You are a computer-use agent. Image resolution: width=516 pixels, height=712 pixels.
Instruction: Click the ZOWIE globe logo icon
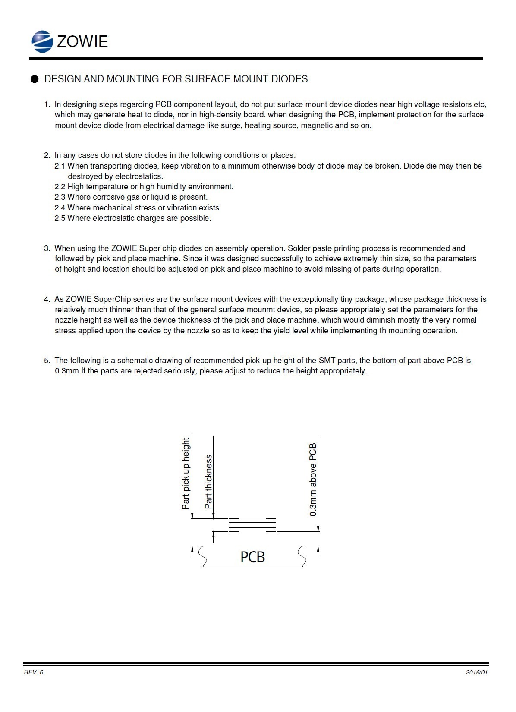pyautogui.click(x=42, y=41)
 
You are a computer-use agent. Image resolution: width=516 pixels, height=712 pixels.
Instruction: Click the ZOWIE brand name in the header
pyautogui.click(x=82, y=41)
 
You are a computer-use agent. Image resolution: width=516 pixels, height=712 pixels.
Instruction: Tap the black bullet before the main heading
pyautogui.click(x=35, y=79)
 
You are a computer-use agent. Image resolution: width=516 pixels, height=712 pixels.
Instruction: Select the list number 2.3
pyautogui.click(x=60, y=197)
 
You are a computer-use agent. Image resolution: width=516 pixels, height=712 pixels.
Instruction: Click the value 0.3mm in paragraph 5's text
pyautogui.click(x=66, y=371)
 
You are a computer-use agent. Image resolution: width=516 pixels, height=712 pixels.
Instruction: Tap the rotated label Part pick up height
pyautogui.click(x=186, y=474)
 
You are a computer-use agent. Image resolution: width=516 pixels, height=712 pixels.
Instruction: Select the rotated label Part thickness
pyautogui.click(x=208, y=481)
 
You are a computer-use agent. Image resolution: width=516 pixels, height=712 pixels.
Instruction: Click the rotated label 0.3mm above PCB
pyautogui.click(x=313, y=480)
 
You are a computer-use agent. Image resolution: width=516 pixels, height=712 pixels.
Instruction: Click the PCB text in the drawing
pyautogui.click(x=252, y=557)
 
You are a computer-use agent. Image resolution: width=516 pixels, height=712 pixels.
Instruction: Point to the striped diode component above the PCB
pyautogui.click(x=252, y=525)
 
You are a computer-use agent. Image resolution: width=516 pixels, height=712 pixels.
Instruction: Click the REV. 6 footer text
pyautogui.click(x=34, y=673)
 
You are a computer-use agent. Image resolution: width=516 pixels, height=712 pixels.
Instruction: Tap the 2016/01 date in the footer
pyautogui.click(x=476, y=673)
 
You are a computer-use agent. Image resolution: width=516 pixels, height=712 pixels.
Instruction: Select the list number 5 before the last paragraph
pyautogui.click(x=47, y=361)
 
